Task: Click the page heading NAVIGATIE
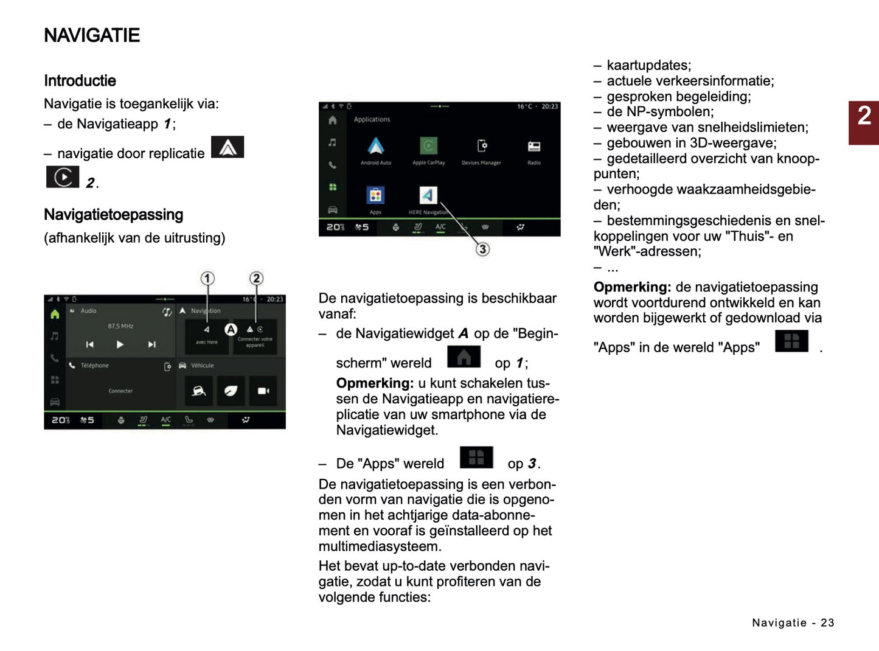point(92,35)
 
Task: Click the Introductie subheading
point(80,81)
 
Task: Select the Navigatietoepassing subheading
point(113,215)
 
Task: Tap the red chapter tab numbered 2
point(864,122)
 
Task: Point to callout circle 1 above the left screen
point(207,279)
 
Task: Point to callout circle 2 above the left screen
point(256,279)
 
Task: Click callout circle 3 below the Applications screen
point(482,249)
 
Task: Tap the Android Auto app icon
point(376,147)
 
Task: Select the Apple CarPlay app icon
point(429,146)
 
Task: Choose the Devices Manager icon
point(482,146)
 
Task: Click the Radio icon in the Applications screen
point(534,147)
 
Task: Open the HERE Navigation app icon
point(428,195)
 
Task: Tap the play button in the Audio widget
point(120,344)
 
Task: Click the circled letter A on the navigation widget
point(231,330)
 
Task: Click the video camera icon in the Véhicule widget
point(263,391)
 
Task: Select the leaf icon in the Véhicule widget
point(231,391)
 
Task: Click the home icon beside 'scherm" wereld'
point(464,357)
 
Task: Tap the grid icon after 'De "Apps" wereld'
point(476,458)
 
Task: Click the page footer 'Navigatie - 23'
point(793,622)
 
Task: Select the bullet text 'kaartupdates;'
point(648,66)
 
